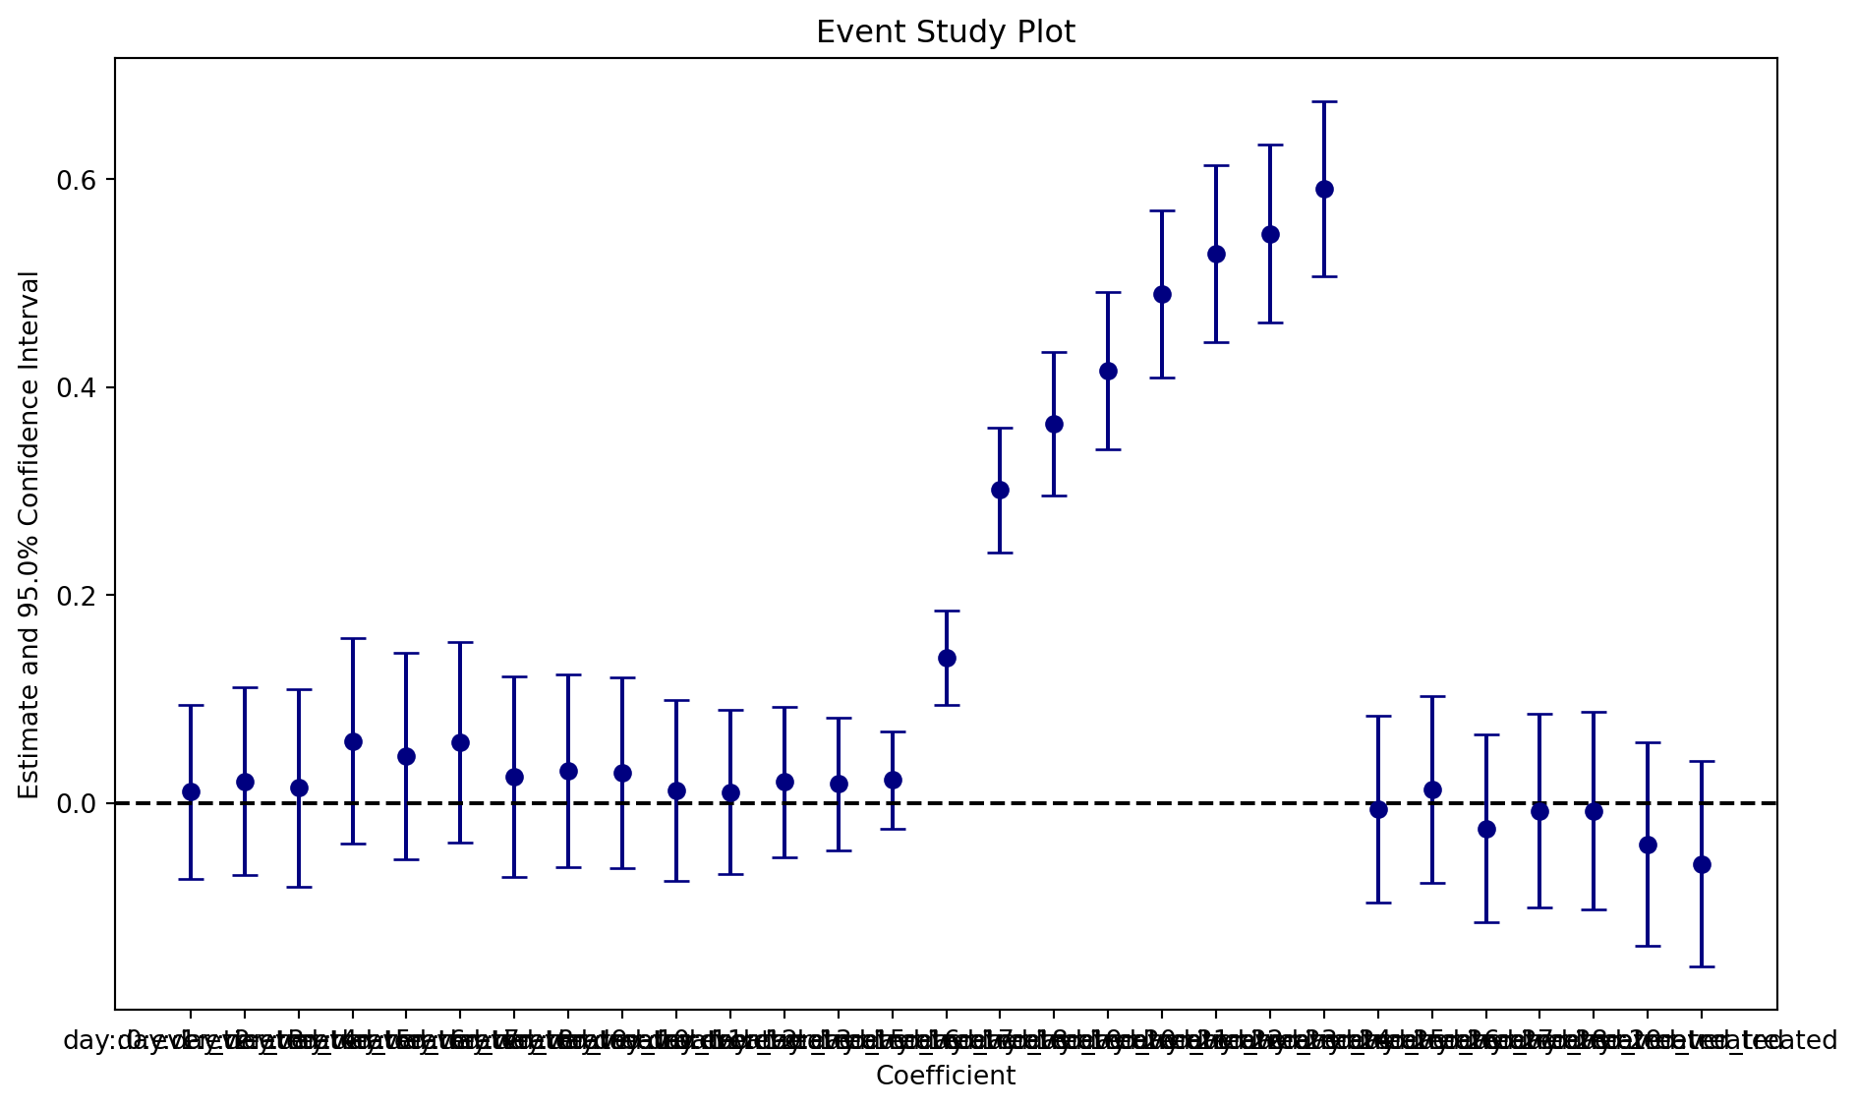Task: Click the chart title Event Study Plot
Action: point(946,32)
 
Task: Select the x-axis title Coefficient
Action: point(946,1076)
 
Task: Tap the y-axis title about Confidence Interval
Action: point(30,535)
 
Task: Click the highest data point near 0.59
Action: point(1324,189)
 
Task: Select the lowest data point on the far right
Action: point(1702,864)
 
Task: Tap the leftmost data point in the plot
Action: point(191,791)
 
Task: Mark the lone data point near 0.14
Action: point(947,658)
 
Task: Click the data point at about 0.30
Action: point(1000,490)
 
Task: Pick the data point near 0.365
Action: point(1054,424)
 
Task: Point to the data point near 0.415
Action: point(1108,371)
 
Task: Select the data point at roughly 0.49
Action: point(1162,294)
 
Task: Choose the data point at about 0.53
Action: point(1216,254)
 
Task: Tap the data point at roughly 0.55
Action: point(1270,234)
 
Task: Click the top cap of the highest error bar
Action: point(1324,101)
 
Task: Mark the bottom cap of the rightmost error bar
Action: point(1702,966)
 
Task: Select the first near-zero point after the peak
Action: point(1378,809)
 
